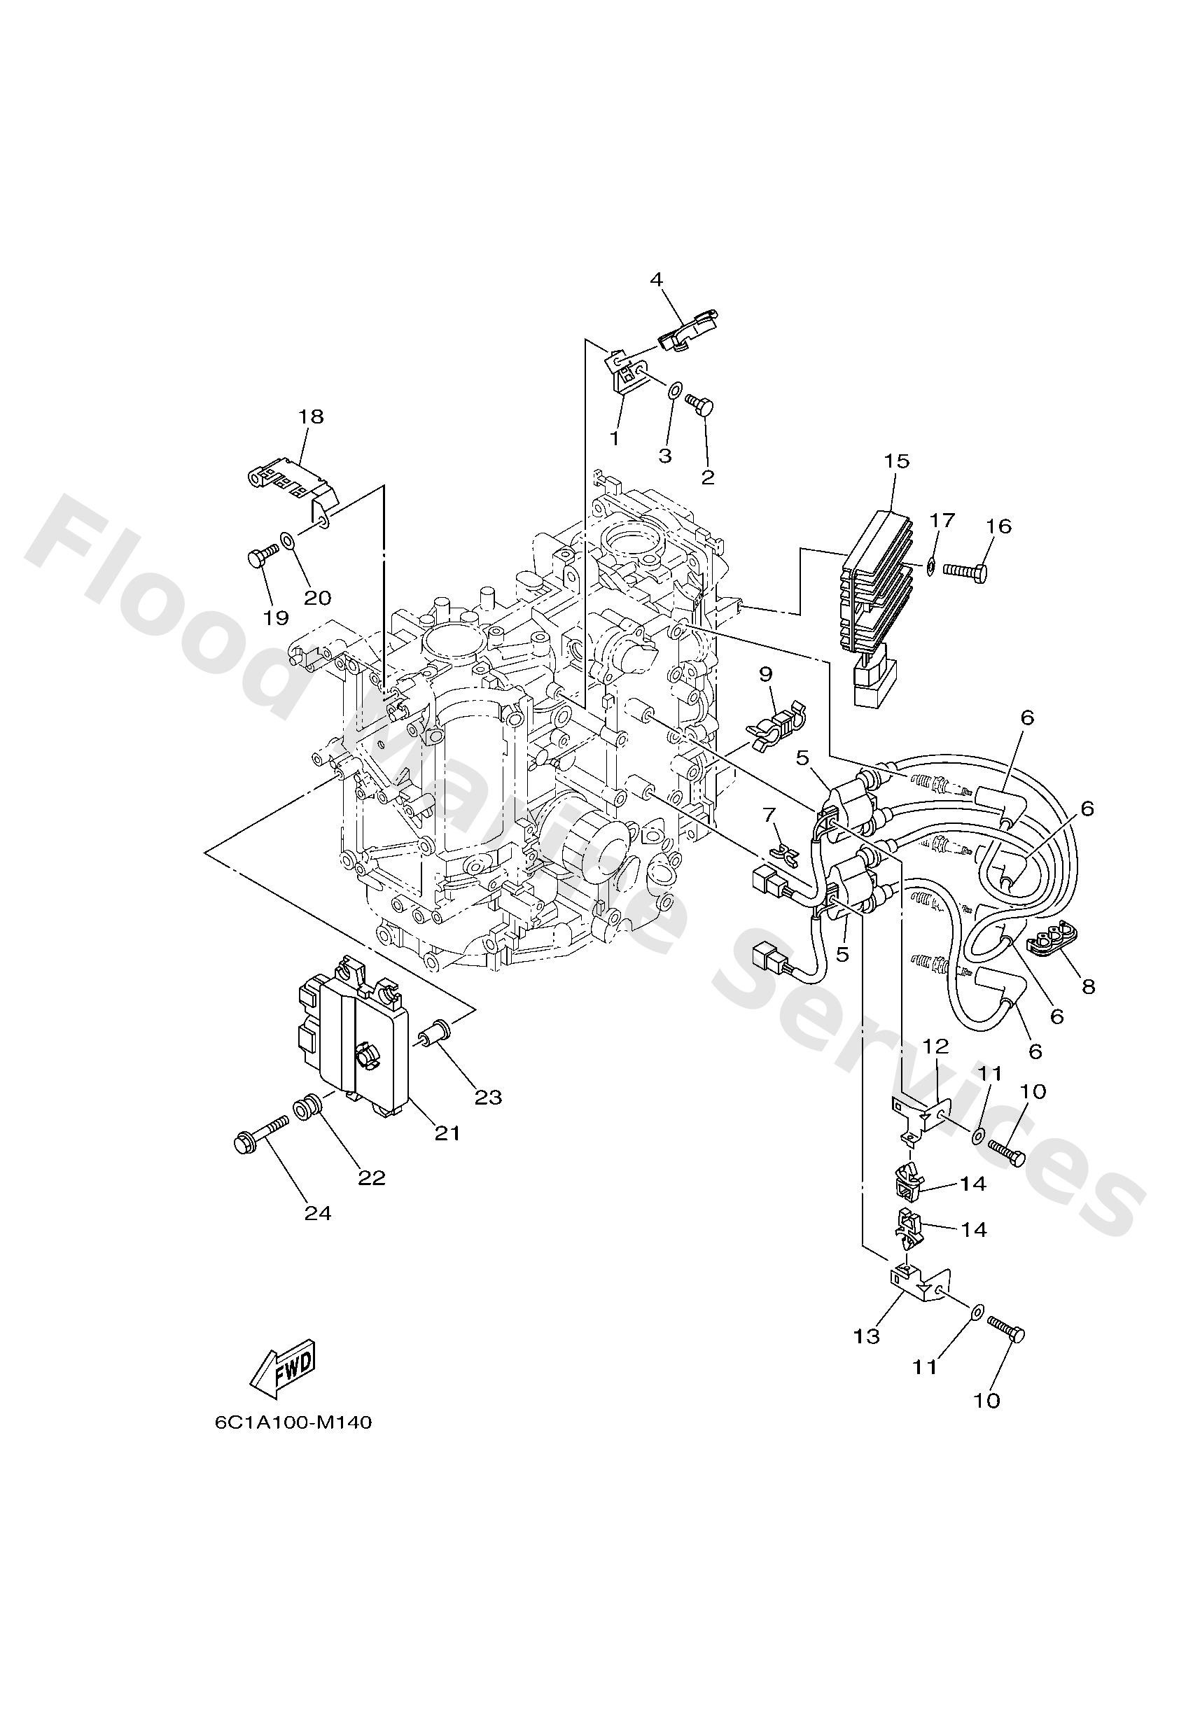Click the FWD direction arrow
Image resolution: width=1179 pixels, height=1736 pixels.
point(283,1367)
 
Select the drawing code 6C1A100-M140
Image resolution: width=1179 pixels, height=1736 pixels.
point(293,1443)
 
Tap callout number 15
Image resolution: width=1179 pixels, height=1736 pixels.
point(897,461)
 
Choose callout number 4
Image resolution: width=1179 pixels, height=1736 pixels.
point(656,279)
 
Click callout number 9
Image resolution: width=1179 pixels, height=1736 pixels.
point(765,674)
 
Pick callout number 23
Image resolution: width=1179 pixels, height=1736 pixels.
point(489,1098)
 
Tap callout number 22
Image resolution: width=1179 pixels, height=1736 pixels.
point(372,1178)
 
